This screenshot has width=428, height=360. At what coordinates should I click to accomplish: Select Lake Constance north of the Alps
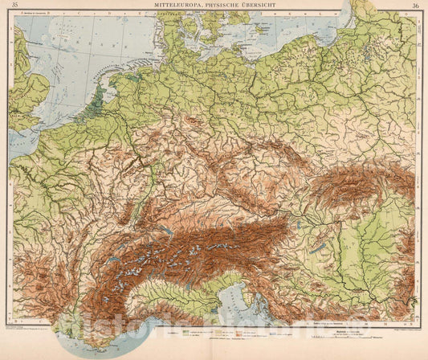tap(166, 230)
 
